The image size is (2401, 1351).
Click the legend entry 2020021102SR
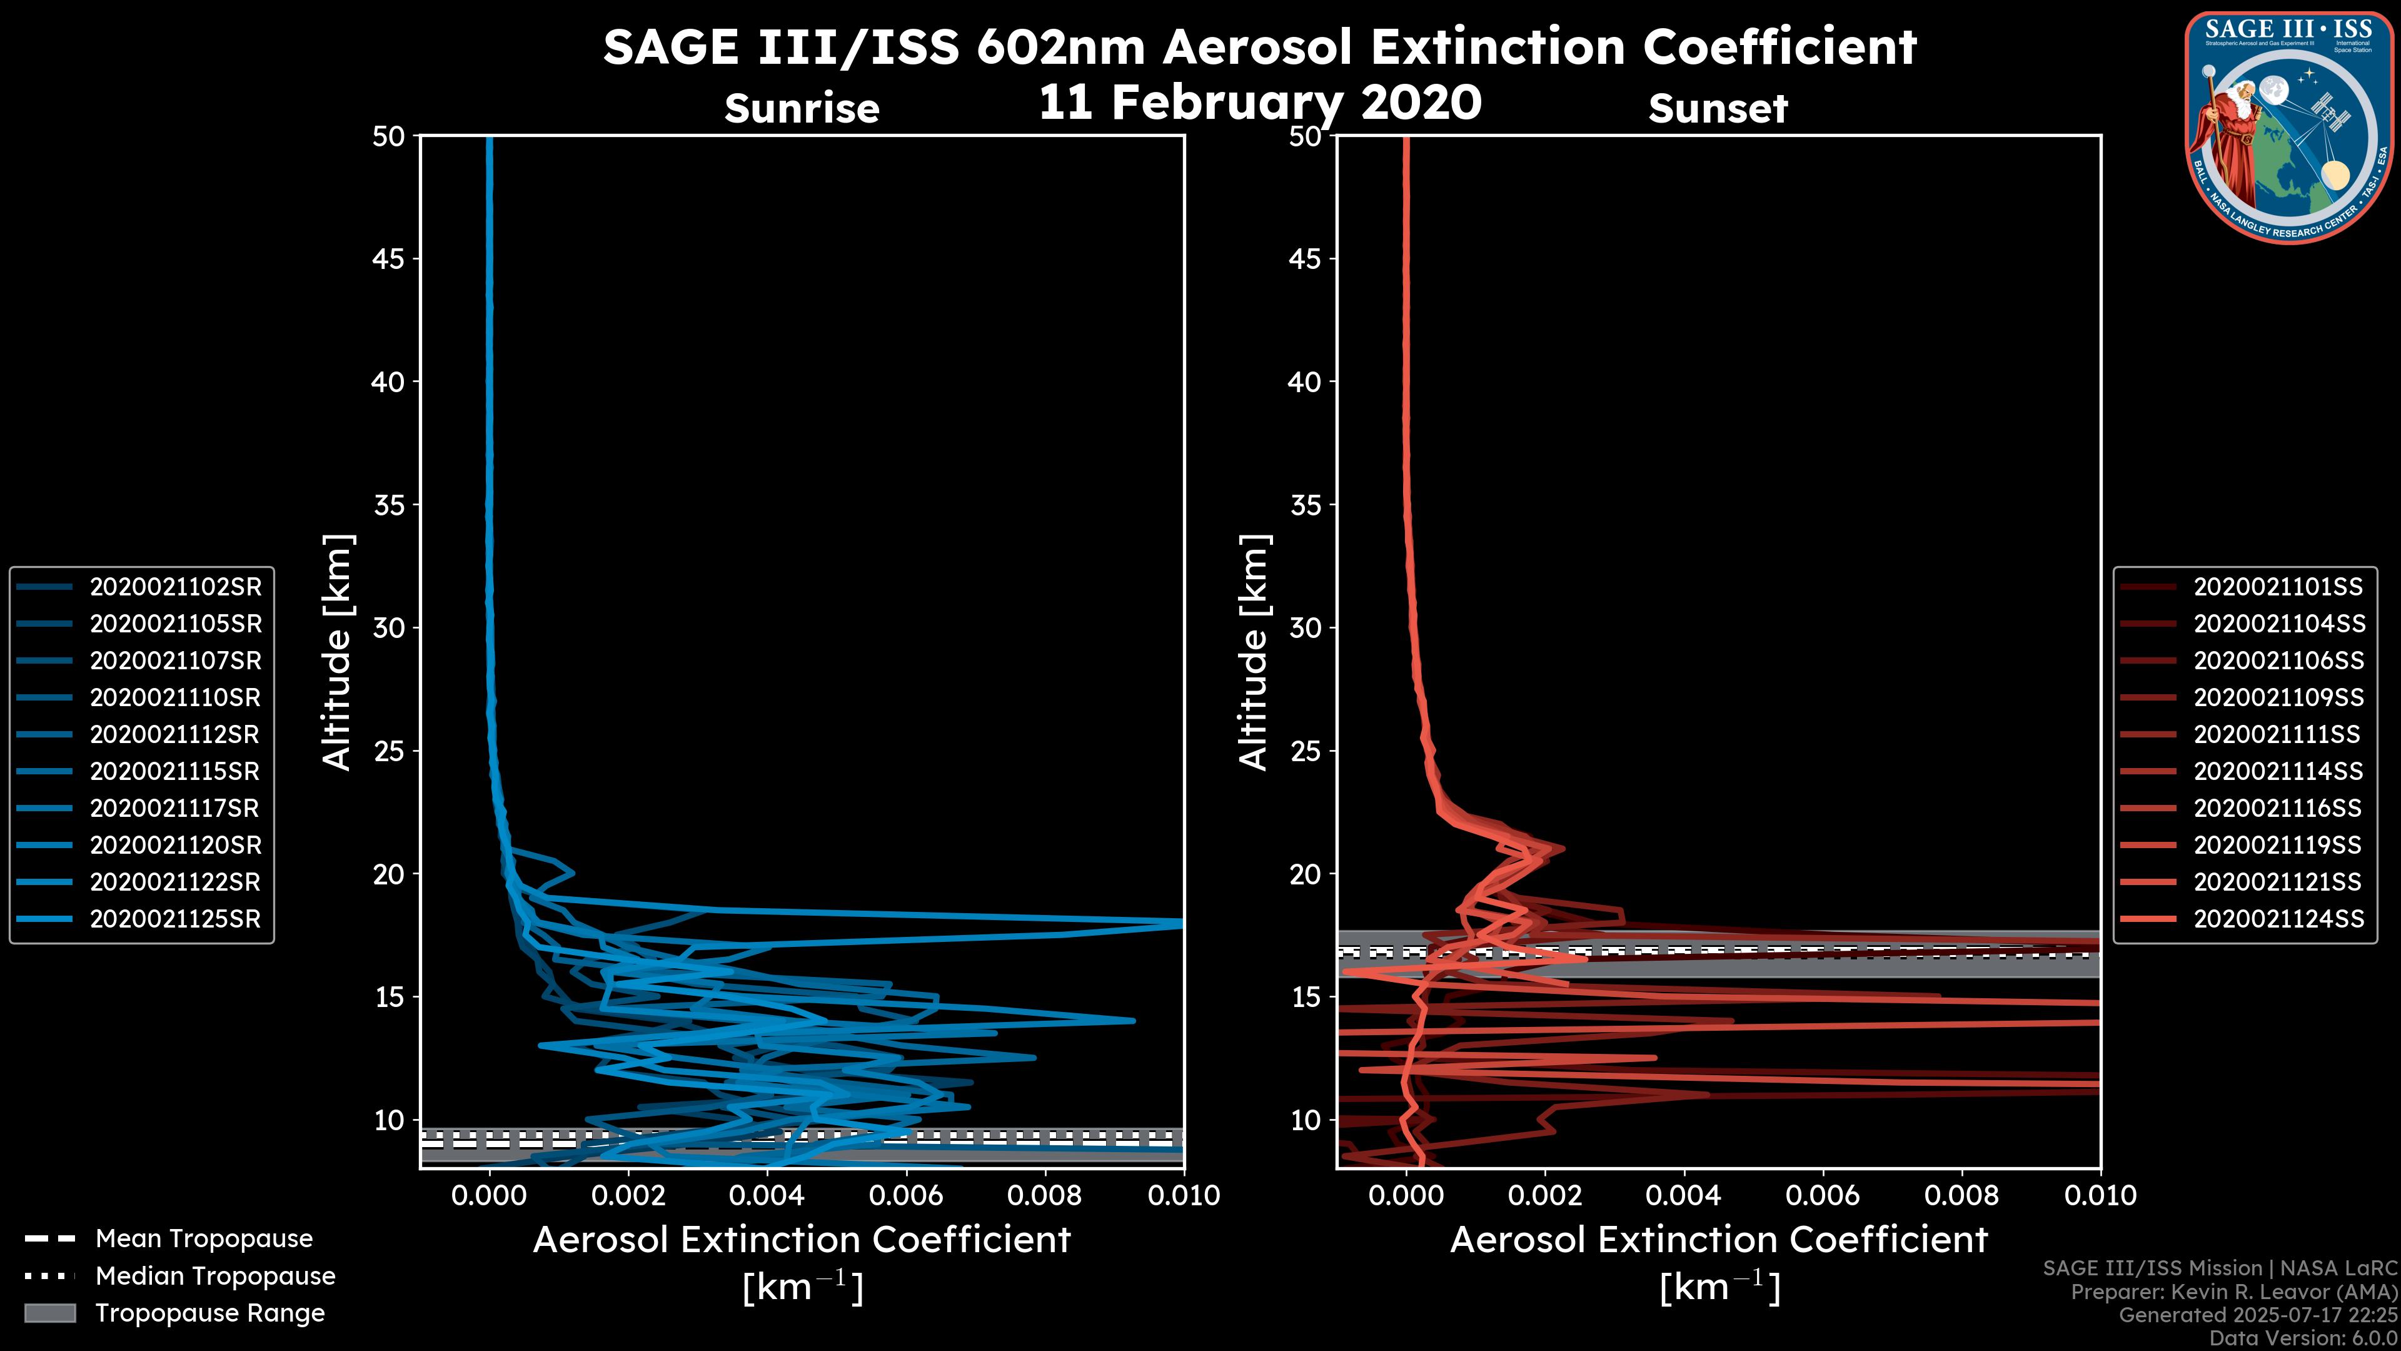[175, 587]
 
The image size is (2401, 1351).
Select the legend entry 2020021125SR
[175, 919]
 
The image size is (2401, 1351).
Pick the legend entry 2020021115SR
[175, 772]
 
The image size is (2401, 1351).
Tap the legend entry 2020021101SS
[2278, 587]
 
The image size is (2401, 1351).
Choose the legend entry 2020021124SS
[2278, 919]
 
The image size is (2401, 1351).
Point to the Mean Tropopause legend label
[204, 1239]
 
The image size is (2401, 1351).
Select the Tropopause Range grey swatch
[50, 1313]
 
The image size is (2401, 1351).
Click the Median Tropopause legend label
[215, 1277]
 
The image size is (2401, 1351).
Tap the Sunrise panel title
[802, 109]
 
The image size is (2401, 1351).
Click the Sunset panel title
[1718, 109]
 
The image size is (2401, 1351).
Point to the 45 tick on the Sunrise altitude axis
[389, 259]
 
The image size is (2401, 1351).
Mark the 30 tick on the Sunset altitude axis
[1305, 629]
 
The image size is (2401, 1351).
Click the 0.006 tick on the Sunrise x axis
[905, 1197]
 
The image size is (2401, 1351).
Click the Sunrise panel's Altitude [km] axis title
[338, 652]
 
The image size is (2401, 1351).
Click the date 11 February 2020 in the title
[1260, 103]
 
